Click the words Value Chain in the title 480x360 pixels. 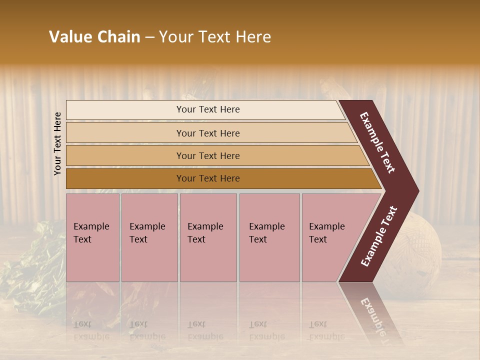94,37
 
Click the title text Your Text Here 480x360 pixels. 215,37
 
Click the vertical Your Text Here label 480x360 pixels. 57,143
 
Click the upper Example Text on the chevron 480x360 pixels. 377,142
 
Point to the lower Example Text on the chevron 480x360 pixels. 378,236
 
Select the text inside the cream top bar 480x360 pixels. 208,109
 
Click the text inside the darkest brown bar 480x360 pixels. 208,178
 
